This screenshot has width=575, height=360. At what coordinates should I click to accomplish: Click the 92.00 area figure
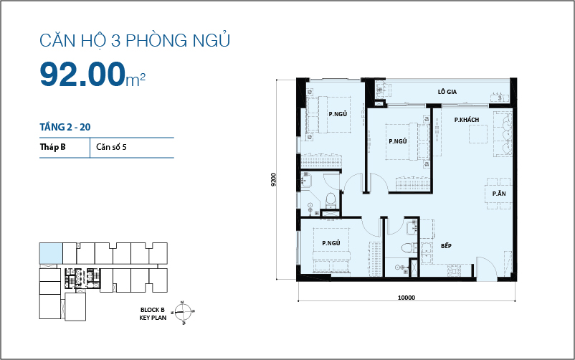pyautogui.click(x=82, y=74)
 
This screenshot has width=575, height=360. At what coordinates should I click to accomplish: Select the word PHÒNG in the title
pyautogui.click(x=154, y=42)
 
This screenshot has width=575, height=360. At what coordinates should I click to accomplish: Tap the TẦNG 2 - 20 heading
pyautogui.click(x=65, y=127)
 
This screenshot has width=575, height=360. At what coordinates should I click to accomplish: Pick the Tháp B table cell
pyautogui.click(x=53, y=148)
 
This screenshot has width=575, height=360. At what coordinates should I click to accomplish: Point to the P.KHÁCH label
pyautogui.click(x=466, y=119)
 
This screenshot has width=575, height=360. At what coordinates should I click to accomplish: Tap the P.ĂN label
pyautogui.click(x=499, y=194)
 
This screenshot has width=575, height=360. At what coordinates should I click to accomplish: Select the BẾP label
pyautogui.click(x=446, y=246)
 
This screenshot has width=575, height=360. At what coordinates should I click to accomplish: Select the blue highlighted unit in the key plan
pyautogui.click(x=51, y=253)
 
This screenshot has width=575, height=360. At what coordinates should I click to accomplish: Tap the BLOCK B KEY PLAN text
pyautogui.click(x=158, y=313)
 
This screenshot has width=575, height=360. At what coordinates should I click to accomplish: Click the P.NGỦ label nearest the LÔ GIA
pyautogui.click(x=398, y=141)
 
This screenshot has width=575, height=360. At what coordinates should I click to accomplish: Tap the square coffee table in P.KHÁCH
pyautogui.click(x=478, y=134)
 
